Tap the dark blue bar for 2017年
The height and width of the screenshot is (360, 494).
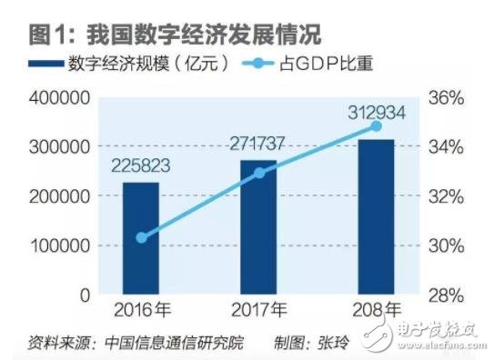(258, 227)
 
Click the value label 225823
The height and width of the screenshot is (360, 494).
(141, 168)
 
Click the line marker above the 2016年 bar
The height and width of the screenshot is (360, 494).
(141, 237)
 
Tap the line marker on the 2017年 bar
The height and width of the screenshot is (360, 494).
(258, 172)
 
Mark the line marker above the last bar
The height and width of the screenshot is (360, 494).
(377, 126)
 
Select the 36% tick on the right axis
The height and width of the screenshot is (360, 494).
(448, 97)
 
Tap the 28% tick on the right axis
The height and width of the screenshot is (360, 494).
(448, 295)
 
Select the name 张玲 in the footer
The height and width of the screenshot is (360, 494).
(333, 343)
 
